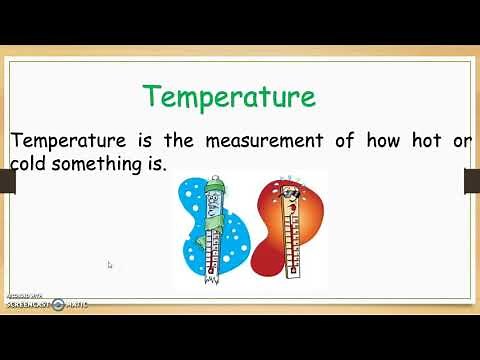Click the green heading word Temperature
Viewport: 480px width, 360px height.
click(x=228, y=97)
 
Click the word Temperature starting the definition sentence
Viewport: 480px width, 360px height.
click(x=65, y=141)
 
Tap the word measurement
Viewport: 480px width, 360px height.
click(x=267, y=141)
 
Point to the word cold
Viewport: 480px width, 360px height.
click(x=30, y=164)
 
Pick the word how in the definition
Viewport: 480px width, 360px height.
click(x=384, y=141)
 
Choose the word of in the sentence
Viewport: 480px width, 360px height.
click(x=345, y=141)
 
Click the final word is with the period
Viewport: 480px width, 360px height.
click(x=153, y=164)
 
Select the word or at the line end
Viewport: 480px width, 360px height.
click(x=461, y=141)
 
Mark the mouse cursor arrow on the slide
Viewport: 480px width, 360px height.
click(x=109, y=265)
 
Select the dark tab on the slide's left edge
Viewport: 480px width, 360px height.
click(x=7, y=181)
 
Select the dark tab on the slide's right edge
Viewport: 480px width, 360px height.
click(x=472, y=181)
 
